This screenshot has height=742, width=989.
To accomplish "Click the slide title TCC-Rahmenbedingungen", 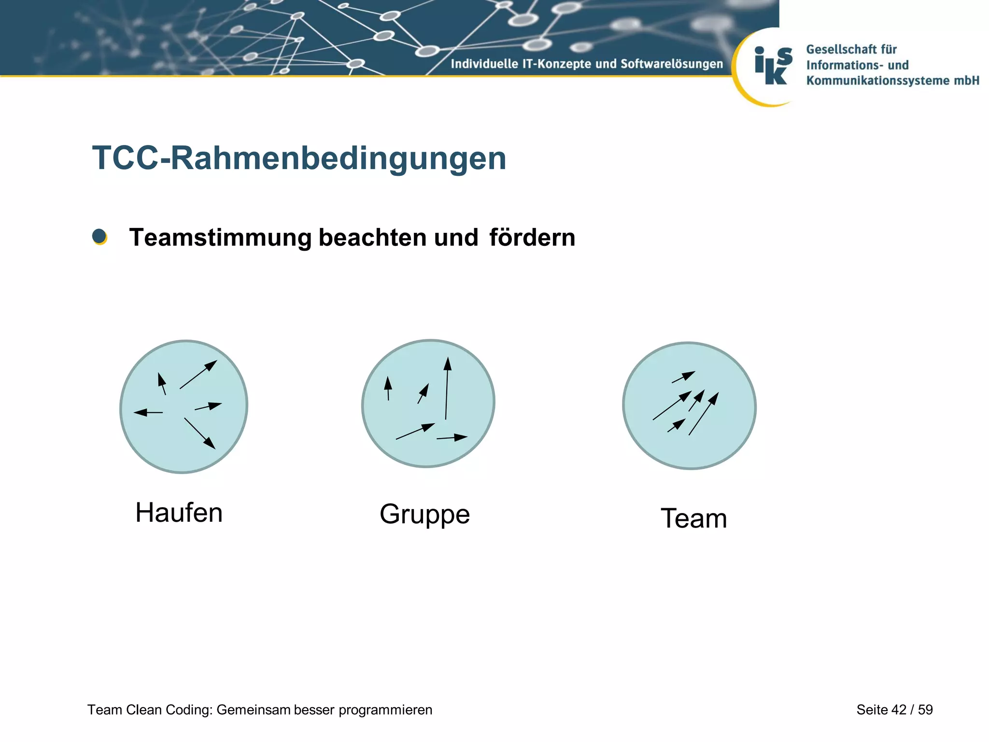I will click(299, 158).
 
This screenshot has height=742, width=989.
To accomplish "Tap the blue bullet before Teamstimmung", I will click(99, 237).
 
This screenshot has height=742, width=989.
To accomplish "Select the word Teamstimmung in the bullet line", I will click(221, 238).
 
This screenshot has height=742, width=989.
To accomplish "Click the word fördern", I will click(532, 238).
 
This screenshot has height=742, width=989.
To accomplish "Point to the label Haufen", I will click(179, 513).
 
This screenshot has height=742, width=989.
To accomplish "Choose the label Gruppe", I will click(424, 514).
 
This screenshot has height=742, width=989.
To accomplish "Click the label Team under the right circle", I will click(693, 518).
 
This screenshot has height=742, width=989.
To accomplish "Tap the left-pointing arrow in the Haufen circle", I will click(148, 413).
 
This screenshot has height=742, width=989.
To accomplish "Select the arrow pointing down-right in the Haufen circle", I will click(199, 433).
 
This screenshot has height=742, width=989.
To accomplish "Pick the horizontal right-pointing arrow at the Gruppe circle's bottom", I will click(452, 438).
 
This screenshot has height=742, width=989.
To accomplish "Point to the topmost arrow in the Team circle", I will click(683, 377).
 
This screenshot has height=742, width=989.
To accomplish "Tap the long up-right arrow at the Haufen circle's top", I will click(198, 374).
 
